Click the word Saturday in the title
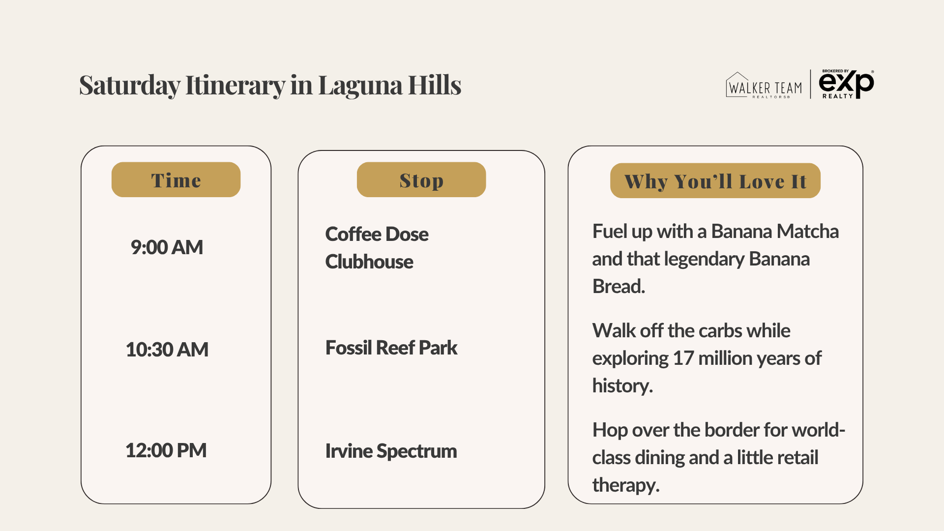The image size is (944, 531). click(129, 85)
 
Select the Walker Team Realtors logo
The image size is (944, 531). click(764, 86)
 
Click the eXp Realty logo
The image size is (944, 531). click(846, 84)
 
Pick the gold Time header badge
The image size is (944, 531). click(176, 180)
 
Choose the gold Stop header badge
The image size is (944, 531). click(421, 180)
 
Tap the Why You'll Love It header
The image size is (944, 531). click(715, 181)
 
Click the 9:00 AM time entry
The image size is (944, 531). click(167, 247)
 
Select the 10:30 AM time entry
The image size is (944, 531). click(167, 350)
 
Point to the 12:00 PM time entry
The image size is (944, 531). click(166, 450)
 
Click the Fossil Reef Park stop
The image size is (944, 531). click(391, 348)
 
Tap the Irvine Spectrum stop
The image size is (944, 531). click(391, 451)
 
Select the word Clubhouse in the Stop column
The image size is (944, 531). click(369, 262)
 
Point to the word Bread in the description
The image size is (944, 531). click(618, 286)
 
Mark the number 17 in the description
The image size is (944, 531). click(683, 358)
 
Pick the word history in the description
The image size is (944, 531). click(622, 385)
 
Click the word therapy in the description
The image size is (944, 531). click(625, 485)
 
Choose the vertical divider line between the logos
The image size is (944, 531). click(810, 84)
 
